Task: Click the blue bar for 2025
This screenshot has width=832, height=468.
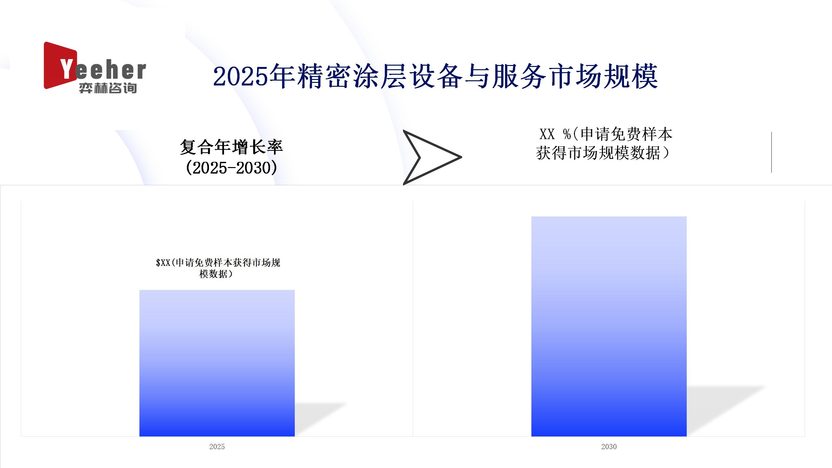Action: tap(217, 363)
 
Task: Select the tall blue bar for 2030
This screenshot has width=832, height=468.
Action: tap(609, 326)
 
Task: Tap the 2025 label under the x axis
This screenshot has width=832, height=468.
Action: tap(217, 447)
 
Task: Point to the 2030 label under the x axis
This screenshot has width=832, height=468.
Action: tap(609, 447)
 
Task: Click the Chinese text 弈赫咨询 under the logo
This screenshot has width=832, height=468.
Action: tap(108, 88)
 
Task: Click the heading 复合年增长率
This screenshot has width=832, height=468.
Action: tap(231, 147)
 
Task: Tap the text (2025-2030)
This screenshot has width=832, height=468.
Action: tap(231, 168)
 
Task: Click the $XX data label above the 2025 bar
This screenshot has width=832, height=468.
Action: tap(218, 268)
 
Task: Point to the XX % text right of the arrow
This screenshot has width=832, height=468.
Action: tap(555, 134)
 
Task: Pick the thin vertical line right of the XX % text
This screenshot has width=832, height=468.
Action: tap(772, 152)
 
